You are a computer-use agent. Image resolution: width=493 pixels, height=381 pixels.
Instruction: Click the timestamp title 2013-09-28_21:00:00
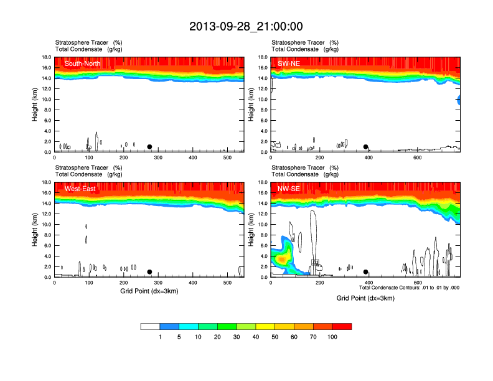(x=246, y=26)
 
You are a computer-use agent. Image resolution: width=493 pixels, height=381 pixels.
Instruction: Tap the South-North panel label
(x=83, y=63)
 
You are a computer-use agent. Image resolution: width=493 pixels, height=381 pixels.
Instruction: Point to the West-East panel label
(x=80, y=189)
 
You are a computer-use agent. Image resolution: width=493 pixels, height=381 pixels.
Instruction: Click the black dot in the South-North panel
(x=149, y=147)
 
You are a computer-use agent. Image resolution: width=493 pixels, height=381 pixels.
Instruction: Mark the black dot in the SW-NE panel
(x=366, y=147)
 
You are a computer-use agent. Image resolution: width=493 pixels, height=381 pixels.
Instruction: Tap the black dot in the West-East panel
(x=149, y=272)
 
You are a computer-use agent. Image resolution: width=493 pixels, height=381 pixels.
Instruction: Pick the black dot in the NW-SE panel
(x=366, y=272)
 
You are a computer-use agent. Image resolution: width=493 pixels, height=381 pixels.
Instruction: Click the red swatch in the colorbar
(x=342, y=326)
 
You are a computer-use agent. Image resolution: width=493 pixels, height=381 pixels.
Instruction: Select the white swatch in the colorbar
(x=150, y=326)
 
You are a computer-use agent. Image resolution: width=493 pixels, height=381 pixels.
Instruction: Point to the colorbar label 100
(x=332, y=337)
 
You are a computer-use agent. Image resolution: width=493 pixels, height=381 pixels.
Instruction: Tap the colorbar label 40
(x=256, y=337)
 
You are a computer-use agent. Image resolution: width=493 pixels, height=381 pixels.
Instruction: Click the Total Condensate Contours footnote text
(x=409, y=288)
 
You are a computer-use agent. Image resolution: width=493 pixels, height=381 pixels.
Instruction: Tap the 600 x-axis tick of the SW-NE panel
(x=417, y=158)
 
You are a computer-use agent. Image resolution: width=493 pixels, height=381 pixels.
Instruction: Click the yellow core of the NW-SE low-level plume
(x=281, y=258)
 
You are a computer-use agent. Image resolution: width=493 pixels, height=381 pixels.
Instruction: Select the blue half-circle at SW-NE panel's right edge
(x=459, y=100)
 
